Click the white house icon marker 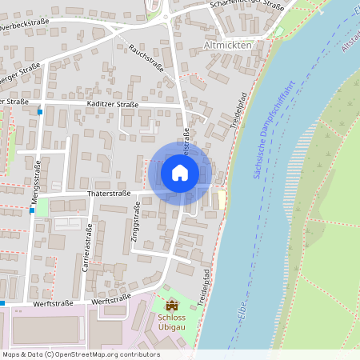pyautogui.click(x=180, y=172)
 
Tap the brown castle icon pyautogui.click(x=171, y=305)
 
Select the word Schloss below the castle pyautogui.click(x=171, y=317)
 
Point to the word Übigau pyautogui.click(x=171, y=327)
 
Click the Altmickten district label pyautogui.click(x=227, y=46)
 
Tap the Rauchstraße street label pyautogui.click(x=146, y=58)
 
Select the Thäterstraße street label pyautogui.click(x=110, y=194)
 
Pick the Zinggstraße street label pyautogui.click(x=135, y=222)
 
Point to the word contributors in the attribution pyautogui.click(x=139, y=354)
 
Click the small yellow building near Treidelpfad pyautogui.click(x=222, y=196)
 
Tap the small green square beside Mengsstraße pyautogui.click(x=42, y=206)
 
